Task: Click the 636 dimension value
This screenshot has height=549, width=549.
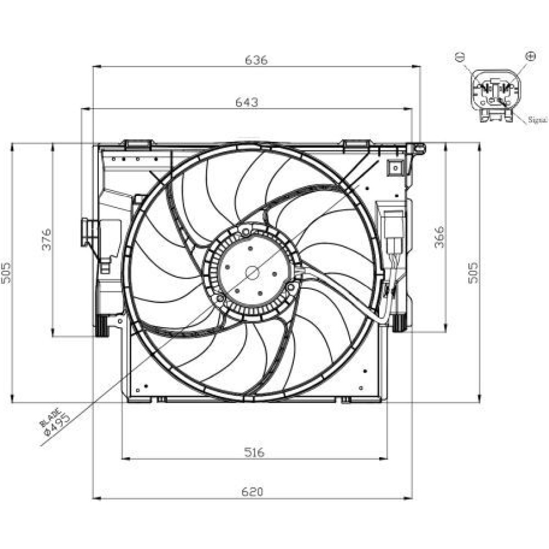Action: coord(256,60)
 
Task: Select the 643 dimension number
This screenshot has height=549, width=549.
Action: coord(247,102)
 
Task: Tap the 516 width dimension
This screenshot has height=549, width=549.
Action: coord(254,453)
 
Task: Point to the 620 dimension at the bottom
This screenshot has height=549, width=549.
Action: coord(252,492)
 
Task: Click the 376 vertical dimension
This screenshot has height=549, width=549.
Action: coord(47,239)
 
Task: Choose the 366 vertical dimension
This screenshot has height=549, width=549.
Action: coord(439,237)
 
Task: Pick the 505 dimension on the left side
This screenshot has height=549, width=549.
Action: coord(6,273)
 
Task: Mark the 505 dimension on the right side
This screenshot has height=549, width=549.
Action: coord(473,273)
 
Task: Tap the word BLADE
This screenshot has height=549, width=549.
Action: coord(50,418)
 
